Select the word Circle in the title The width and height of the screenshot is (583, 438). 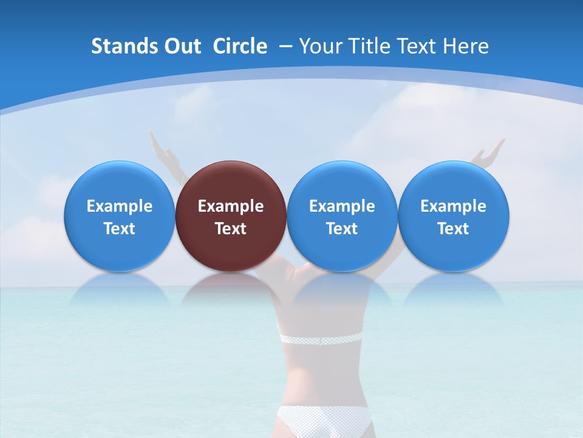tap(240, 46)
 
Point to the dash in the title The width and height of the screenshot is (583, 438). tap(284, 46)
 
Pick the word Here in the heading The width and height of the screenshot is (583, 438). tap(465, 46)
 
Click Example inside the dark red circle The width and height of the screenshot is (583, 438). tap(231, 206)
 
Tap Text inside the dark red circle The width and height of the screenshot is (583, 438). tap(231, 229)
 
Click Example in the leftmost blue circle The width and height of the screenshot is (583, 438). tap(119, 206)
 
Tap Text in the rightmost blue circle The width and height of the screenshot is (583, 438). tap(454, 229)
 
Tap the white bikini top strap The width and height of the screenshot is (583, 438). tap(320, 339)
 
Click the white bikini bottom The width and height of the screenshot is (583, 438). tap(324, 421)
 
